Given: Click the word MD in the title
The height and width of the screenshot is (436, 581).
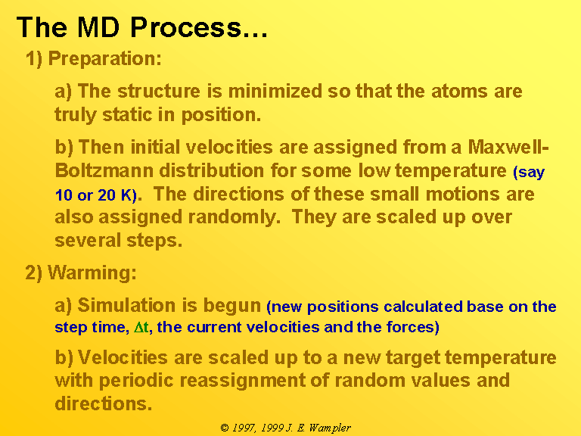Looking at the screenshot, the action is (98, 27).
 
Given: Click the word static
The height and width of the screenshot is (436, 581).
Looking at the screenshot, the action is (127, 114).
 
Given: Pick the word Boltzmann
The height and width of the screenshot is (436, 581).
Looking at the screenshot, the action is (104, 170).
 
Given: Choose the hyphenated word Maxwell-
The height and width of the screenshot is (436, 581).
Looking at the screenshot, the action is (508, 147).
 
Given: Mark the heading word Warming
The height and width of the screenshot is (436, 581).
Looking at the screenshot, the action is (92, 272).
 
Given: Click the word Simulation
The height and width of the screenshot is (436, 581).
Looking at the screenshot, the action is (126, 305).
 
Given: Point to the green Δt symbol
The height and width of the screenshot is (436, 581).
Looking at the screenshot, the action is (141, 327).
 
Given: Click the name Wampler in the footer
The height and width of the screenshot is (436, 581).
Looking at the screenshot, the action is (330, 428).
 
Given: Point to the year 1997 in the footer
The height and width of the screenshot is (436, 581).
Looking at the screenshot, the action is (244, 428).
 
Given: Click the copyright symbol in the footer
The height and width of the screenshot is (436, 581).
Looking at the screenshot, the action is (225, 428).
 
